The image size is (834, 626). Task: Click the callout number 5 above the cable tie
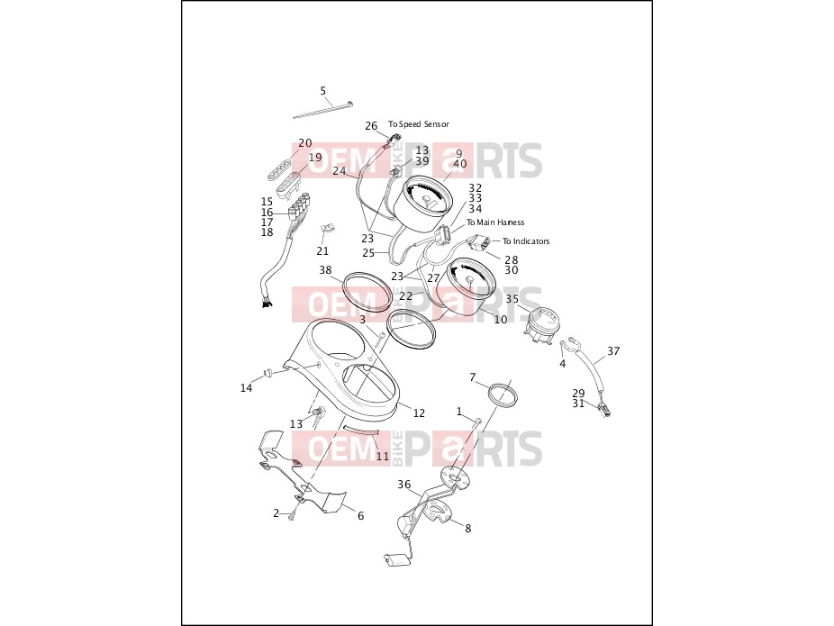point(322,91)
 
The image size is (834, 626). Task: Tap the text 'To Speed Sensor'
point(419,124)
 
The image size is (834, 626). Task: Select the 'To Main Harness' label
point(495,222)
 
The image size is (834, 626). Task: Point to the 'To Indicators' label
point(526,240)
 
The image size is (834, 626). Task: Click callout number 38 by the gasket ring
point(325,270)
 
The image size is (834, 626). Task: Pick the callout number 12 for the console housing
point(419,413)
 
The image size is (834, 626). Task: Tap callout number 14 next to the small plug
point(246,388)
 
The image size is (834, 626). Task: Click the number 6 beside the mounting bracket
point(360,516)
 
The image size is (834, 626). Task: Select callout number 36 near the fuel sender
point(404,484)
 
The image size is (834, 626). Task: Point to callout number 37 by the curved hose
point(613,351)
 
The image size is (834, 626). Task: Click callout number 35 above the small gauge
point(512,299)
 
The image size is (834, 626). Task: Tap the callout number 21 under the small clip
point(322,251)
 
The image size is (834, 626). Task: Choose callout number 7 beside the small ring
point(473,377)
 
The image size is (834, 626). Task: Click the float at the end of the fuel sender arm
point(394,560)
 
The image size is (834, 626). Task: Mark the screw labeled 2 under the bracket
point(292,514)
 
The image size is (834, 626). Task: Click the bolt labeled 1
point(476,423)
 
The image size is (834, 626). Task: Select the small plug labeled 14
point(267,371)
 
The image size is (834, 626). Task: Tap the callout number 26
point(371,126)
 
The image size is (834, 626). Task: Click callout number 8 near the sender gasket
point(468,529)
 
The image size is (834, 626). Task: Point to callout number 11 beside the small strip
point(383,457)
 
